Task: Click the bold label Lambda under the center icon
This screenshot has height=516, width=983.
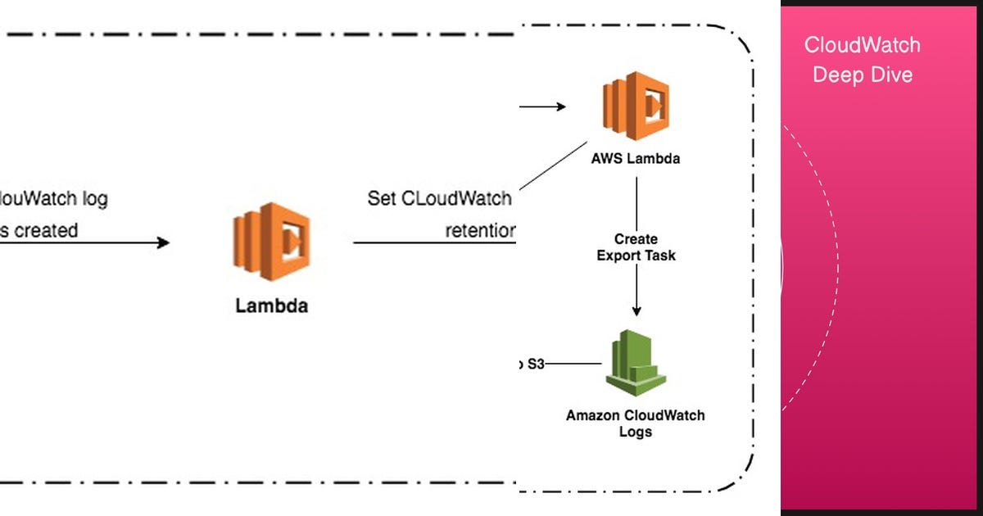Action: [x=272, y=306]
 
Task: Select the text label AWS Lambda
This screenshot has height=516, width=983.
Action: [x=636, y=159]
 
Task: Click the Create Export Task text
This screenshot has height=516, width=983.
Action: [x=636, y=247]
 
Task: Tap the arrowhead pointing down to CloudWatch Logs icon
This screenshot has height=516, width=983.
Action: [x=636, y=310]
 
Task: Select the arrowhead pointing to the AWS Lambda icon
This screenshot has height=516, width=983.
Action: [x=560, y=106]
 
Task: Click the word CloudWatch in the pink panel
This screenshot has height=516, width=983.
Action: [x=862, y=45]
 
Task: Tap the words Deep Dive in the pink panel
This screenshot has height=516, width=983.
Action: [x=862, y=75]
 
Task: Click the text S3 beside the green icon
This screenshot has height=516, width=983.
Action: [x=535, y=364]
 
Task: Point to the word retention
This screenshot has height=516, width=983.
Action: [x=480, y=231]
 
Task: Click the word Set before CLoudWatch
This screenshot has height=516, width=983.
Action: [x=382, y=199]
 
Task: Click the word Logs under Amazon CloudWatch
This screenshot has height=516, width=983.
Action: [x=636, y=431]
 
